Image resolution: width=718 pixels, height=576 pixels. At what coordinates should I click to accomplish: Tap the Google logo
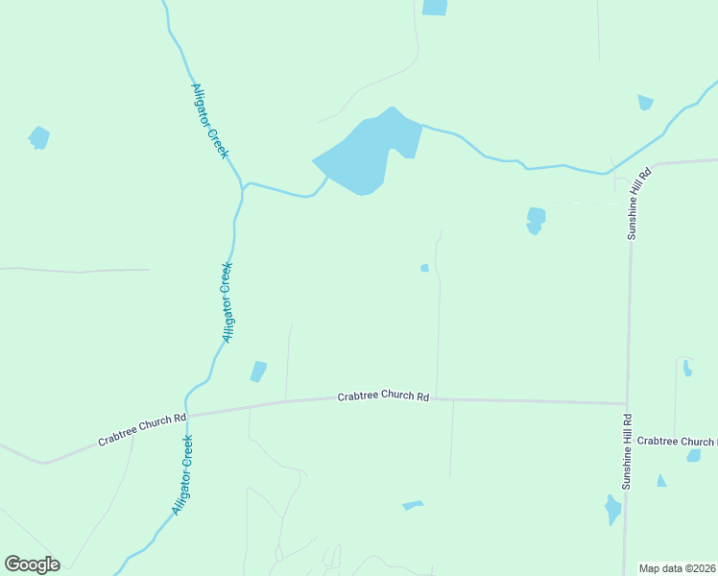(32, 564)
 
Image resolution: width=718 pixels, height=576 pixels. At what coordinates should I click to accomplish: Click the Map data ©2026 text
(678, 568)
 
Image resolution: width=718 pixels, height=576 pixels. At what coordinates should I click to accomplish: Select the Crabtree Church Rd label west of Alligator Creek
(142, 430)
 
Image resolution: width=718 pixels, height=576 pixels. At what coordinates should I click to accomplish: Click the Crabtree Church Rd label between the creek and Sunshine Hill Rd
(383, 396)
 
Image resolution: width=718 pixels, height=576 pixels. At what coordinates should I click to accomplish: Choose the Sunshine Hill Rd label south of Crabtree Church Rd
(627, 452)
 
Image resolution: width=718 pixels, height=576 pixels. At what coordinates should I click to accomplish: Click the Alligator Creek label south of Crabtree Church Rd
(182, 475)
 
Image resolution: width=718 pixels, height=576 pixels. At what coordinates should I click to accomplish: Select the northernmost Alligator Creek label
(209, 121)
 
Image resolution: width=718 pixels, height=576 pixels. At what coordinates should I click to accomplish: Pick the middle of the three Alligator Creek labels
(227, 301)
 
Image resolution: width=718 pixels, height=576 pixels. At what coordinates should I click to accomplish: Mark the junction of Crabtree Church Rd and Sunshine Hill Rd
(627, 404)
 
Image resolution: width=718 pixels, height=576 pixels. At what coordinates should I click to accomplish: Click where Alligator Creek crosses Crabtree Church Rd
(186, 415)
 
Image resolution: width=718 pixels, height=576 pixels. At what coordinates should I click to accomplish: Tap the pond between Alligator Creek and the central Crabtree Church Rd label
(258, 372)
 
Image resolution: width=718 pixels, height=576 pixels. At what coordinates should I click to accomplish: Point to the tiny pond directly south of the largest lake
(424, 268)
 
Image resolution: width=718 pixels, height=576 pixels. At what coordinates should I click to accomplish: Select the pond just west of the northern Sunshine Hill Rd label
(536, 220)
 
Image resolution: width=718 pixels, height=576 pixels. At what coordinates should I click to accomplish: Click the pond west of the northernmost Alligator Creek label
(38, 138)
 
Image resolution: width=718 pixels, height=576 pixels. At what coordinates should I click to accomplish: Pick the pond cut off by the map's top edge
(435, 7)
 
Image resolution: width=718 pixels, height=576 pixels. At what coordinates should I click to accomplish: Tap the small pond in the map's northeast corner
(645, 102)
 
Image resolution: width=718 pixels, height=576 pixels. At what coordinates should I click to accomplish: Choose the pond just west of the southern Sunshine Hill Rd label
(612, 509)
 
